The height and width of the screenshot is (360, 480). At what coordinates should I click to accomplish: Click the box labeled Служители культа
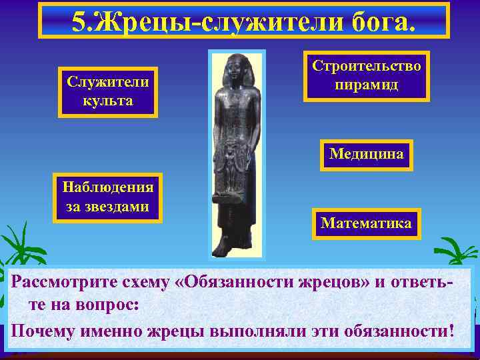point(107,91)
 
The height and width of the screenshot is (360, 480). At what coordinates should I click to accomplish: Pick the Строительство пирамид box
point(366,76)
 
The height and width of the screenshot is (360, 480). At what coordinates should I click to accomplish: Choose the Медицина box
point(366,154)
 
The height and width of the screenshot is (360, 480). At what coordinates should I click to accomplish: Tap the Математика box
point(366,223)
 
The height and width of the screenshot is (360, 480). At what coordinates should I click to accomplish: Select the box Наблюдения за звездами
point(107,198)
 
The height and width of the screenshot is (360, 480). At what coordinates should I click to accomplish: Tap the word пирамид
point(366,85)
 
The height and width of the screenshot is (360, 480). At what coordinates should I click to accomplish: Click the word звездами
point(107,207)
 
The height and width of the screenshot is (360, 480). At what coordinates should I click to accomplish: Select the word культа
point(107,101)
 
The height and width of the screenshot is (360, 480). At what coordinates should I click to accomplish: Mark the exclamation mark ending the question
point(451,331)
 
